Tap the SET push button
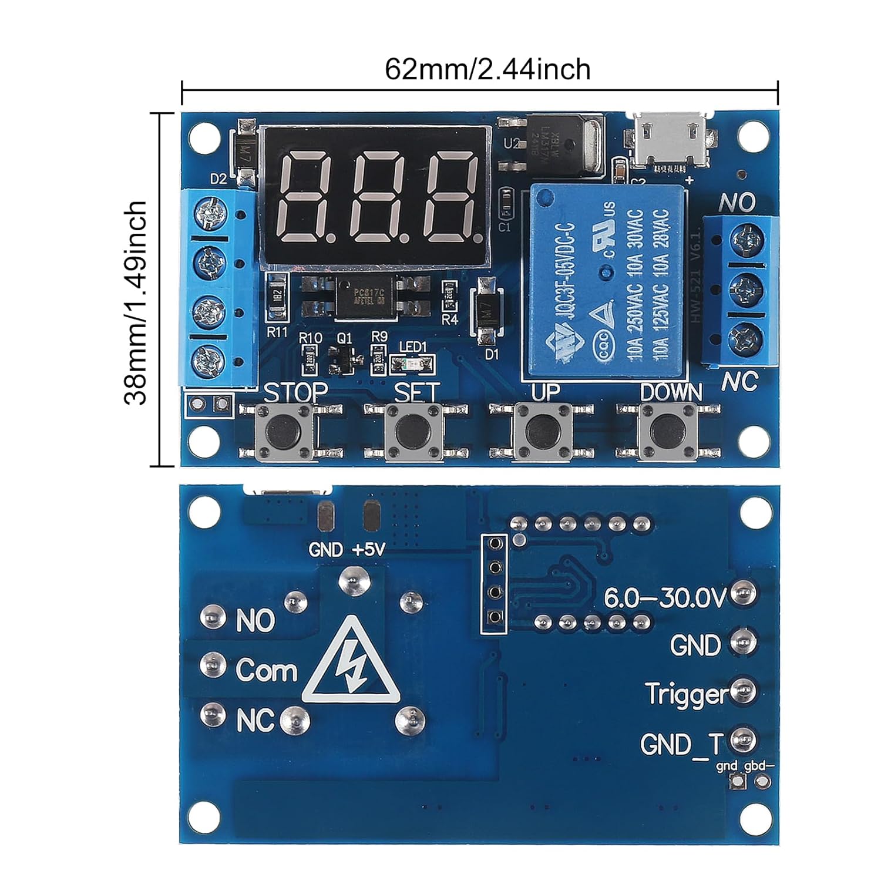(x=408, y=432)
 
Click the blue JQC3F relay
(x=607, y=281)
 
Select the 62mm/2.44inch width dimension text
(x=487, y=69)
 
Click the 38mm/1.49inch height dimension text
(x=136, y=302)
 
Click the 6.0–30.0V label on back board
(x=665, y=598)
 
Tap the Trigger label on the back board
(x=686, y=694)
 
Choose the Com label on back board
(x=266, y=670)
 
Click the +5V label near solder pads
(x=369, y=550)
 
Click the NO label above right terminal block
(x=737, y=203)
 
